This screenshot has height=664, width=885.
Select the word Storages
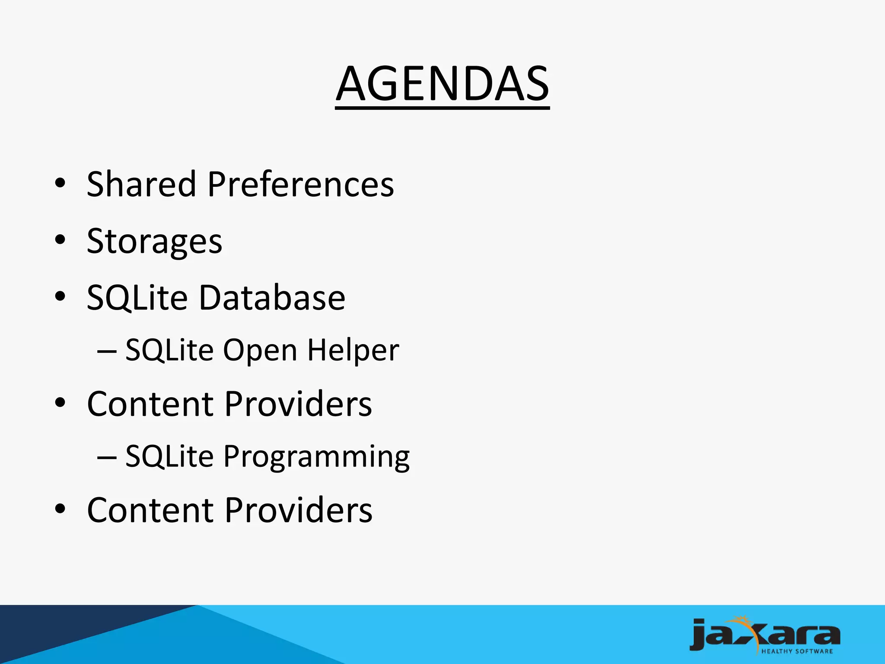pyautogui.click(x=154, y=242)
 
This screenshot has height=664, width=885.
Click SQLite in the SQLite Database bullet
pyautogui.click(x=137, y=298)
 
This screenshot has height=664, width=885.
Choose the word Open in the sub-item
pyautogui.click(x=260, y=350)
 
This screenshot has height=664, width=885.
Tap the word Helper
pyautogui.click(x=353, y=350)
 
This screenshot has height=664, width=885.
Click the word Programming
pyautogui.click(x=316, y=457)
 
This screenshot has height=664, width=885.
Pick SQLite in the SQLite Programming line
pyautogui.click(x=169, y=456)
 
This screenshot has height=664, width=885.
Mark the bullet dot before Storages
pyautogui.click(x=60, y=239)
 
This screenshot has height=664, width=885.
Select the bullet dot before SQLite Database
pyautogui.click(x=60, y=297)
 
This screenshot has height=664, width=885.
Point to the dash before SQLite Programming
pyautogui.click(x=107, y=456)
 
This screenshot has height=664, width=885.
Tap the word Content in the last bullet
pyautogui.click(x=150, y=510)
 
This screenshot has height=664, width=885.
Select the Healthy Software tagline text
pyautogui.click(x=796, y=651)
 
